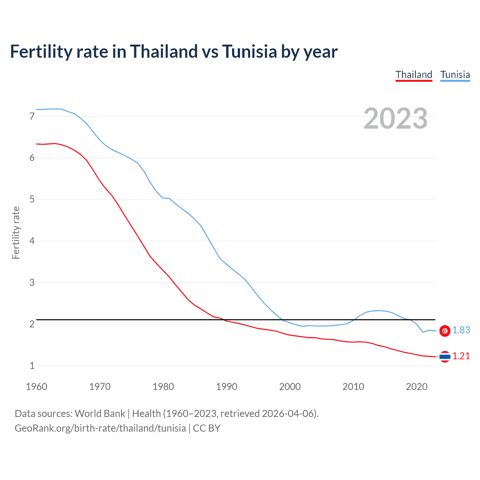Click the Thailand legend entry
(x=414, y=75)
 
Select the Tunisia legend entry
(x=455, y=75)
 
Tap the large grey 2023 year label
(x=396, y=118)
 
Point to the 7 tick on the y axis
(x=32, y=116)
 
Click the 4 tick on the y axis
(x=32, y=241)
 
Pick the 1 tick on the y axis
(x=32, y=366)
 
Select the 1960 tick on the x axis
(x=36, y=387)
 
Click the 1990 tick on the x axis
(x=226, y=387)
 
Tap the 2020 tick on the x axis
(x=417, y=387)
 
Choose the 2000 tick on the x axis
(x=290, y=387)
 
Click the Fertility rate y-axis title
(x=16, y=232)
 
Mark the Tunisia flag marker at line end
(x=445, y=331)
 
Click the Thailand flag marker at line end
(x=445, y=357)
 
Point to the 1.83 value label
(x=461, y=330)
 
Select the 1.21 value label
(x=461, y=356)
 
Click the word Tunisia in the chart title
(x=249, y=51)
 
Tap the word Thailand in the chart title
(x=164, y=51)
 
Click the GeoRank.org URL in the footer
(x=100, y=428)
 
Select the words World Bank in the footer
(x=100, y=414)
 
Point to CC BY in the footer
(x=207, y=428)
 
